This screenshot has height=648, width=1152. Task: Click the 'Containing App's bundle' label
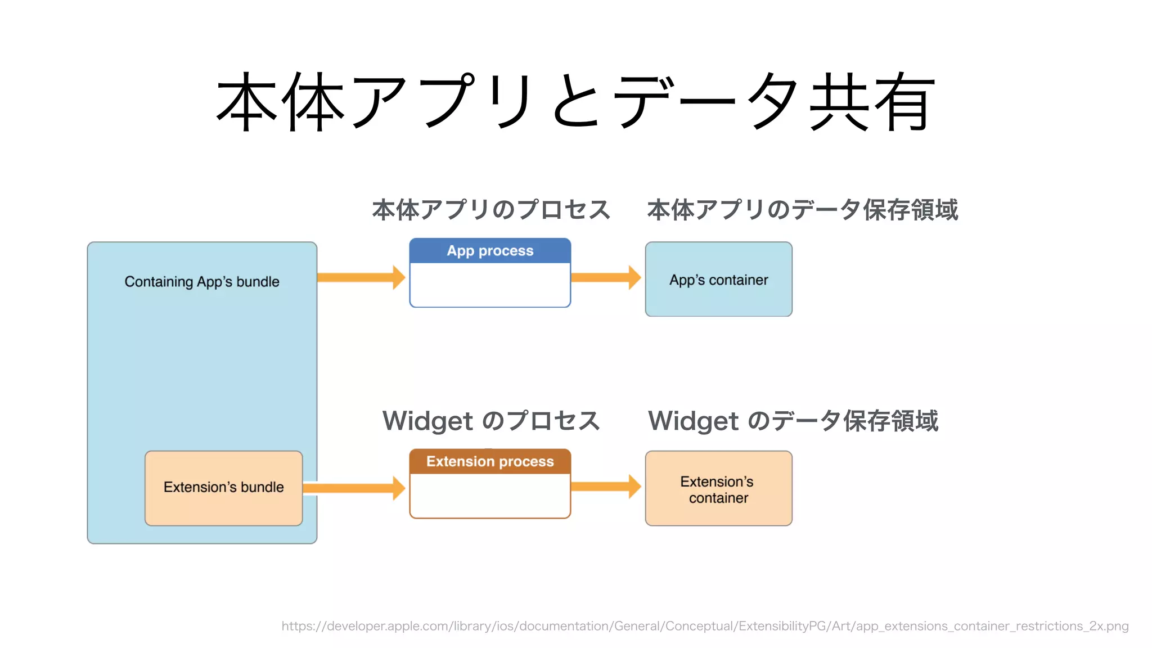tap(202, 281)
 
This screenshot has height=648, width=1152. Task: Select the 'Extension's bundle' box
tap(223, 488)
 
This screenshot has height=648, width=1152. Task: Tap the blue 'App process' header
tap(490, 251)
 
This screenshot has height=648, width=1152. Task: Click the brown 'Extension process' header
tap(490, 462)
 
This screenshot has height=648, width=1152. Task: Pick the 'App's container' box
tap(718, 280)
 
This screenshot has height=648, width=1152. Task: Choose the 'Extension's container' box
tap(718, 489)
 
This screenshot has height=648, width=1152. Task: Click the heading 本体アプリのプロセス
tap(491, 210)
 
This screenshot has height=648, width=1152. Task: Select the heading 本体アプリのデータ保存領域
tap(803, 210)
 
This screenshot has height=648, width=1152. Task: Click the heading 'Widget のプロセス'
tap(491, 421)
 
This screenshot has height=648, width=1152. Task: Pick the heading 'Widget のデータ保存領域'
tap(793, 421)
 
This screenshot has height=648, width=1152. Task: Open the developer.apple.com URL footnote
tap(705, 626)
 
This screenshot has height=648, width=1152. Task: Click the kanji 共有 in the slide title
tap(872, 102)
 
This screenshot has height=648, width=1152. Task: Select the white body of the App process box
tap(490, 285)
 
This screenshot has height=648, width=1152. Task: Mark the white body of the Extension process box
tap(490, 495)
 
